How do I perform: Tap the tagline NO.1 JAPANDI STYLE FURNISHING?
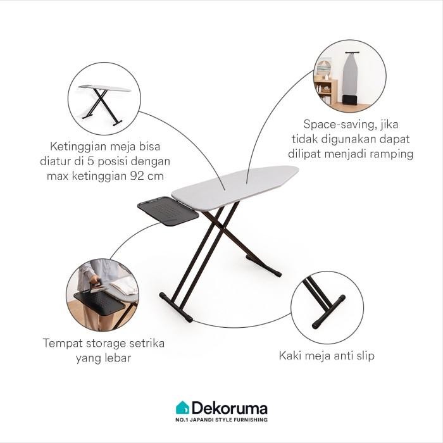point(221,420)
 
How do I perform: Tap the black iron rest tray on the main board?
point(166,211)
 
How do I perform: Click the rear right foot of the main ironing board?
point(277,271)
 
